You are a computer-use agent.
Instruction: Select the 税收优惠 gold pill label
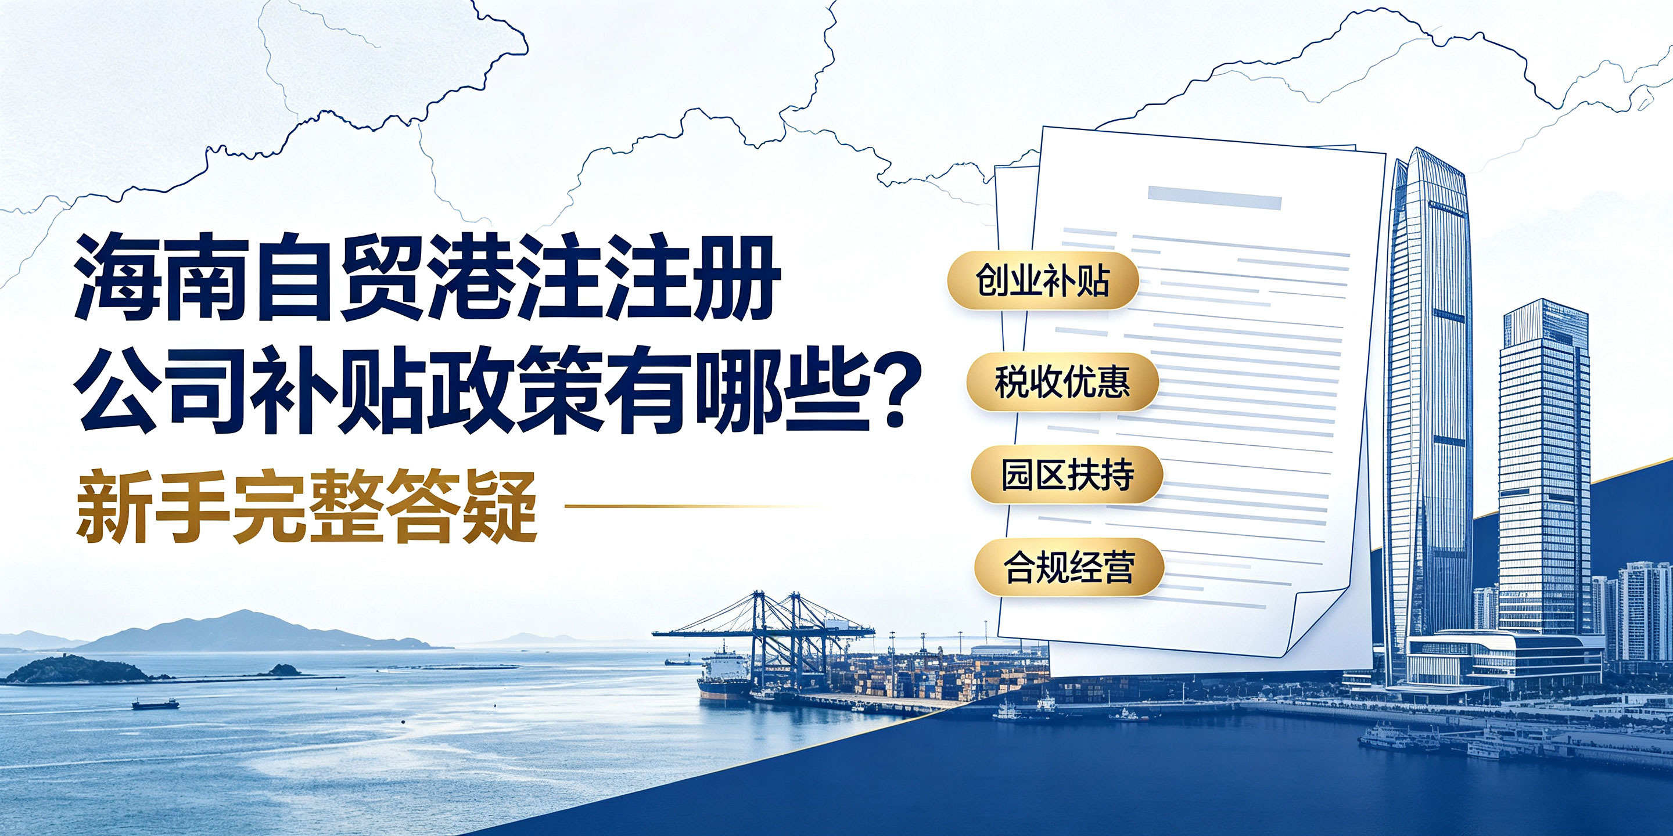click(1062, 383)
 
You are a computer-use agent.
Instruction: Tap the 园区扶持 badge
click(1067, 475)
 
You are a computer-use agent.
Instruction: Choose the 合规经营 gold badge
click(1068, 567)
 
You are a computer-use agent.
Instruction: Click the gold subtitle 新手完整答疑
click(307, 506)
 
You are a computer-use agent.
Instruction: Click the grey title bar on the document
click(1214, 197)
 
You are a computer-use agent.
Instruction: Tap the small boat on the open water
click(155, 704)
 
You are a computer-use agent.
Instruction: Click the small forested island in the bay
click(78, 670)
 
